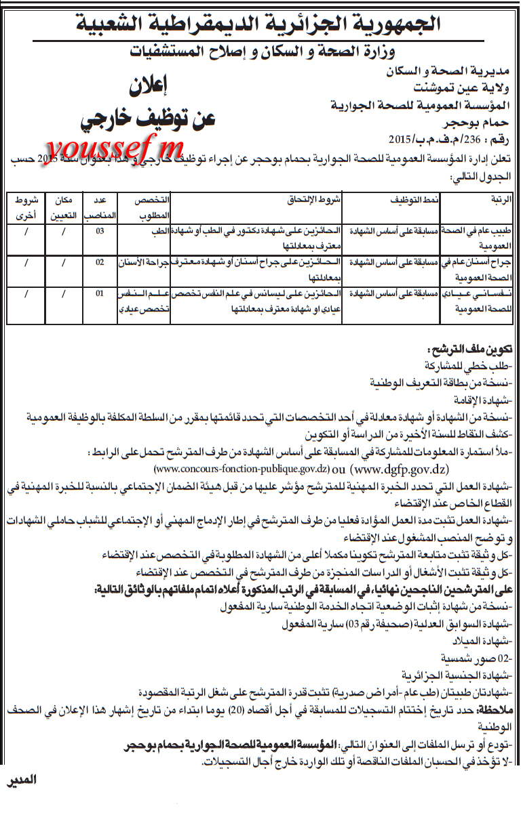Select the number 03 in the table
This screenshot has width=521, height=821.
click(x=100, y=231)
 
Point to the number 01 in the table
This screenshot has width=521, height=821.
click(x=100, y=294)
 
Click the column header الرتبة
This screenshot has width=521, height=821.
click(x=499, y=201)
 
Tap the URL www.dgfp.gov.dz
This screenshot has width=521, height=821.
click(x=400, y=468)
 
